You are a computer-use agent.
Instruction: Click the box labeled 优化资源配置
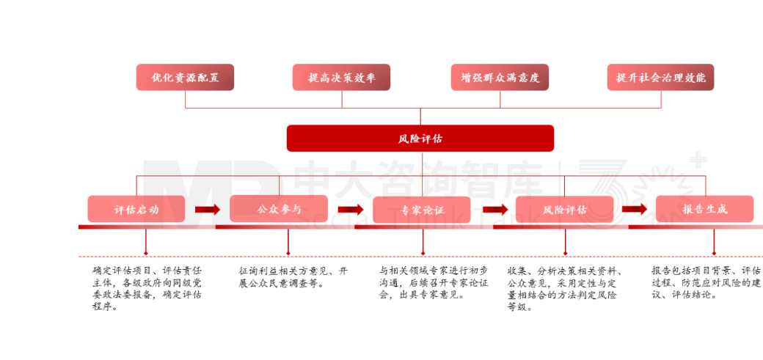pos(185,77)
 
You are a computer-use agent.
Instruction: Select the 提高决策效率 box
pos(341,77)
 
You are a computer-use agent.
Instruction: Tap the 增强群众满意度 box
pos(500,77)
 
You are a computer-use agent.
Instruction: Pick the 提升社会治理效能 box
pos(660,77)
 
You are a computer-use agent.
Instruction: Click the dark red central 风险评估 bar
pos(420,138)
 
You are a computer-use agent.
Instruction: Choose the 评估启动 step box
pos(136,209)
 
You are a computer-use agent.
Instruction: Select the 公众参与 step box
pos(278,209)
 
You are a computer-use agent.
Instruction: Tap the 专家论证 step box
pos(421,210)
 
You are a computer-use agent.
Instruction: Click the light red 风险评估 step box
pos(564,209)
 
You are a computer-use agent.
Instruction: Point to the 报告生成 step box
pos(704,209)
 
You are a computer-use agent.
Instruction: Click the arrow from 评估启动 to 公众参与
pos(208,210)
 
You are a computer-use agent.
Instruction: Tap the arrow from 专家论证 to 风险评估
pos(493,210)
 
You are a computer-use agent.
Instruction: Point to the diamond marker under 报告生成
pos(714,253)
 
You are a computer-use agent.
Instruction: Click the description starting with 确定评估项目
pos(147,288)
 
